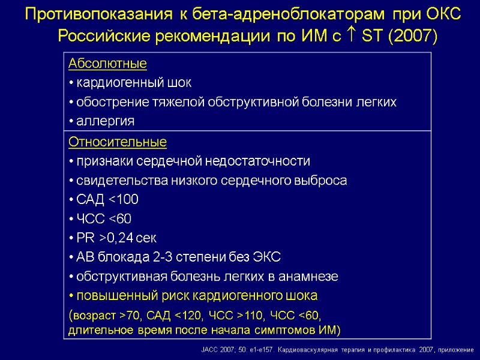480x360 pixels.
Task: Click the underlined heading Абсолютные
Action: (x=108, y=64)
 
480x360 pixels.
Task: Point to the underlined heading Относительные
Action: (x=118, y=143)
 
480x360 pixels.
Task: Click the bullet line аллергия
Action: (x=102, y=121)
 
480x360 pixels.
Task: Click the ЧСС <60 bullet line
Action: (x=100, y=219)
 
